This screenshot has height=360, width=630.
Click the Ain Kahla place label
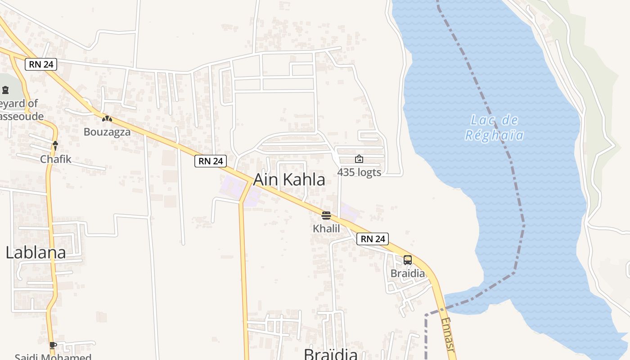tap(289, 180)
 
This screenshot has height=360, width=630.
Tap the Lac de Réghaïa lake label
tap(494, 127)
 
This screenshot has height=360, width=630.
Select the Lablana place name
tap(36, 252)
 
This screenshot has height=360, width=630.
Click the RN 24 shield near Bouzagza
tap(41, 64)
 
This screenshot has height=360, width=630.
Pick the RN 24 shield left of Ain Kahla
tap(210, 161)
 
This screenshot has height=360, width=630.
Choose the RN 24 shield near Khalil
tap(373, 239)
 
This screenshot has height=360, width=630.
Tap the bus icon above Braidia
tap(407, 260)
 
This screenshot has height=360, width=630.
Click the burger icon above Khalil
tap(326, 216)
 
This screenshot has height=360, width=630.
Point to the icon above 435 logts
tap(359, 159)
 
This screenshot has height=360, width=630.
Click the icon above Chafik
tap(55, 145)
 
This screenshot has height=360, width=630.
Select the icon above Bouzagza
tap(107, 119)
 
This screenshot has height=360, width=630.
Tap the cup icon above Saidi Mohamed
tap(53, 345)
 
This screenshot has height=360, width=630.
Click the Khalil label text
tap(326, 229)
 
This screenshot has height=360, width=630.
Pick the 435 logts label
tap(359, 172)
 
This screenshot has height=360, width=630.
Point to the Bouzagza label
tap(107, 132)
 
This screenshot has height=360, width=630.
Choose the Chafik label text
tap(56, 159)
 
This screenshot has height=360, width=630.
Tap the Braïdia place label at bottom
tap(330, 354)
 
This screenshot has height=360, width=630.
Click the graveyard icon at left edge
tap(5, 90)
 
